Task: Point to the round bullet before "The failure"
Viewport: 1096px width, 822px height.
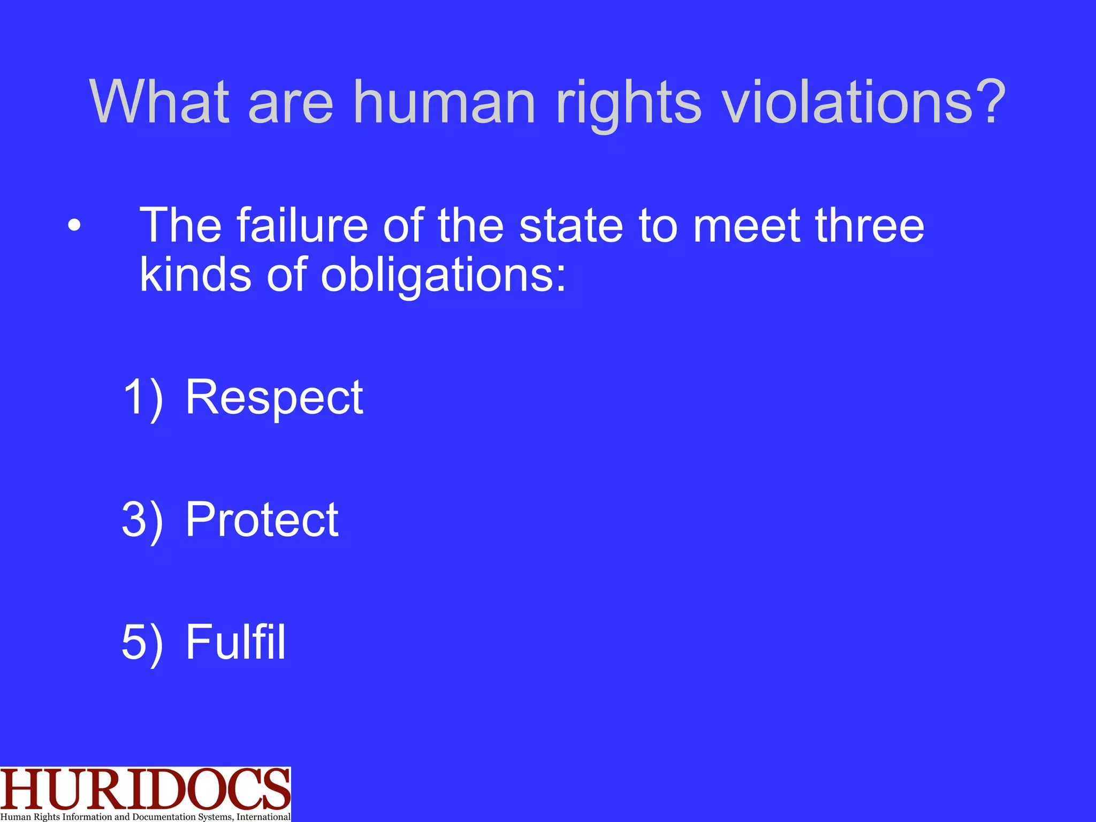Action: (74, 226)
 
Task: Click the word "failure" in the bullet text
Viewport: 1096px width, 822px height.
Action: (302, 225)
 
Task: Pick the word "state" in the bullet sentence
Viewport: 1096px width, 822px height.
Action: (571, 225)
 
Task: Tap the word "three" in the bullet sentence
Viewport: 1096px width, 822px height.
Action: (870, 225)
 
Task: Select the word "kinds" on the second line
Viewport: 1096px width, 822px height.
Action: (195, 274)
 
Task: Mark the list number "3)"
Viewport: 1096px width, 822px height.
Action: (142, 520)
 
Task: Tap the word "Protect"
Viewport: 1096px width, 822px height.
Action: (262, 520)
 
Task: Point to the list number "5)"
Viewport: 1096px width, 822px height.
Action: (142, 642)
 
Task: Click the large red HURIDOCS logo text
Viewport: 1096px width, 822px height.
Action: (145, 789)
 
